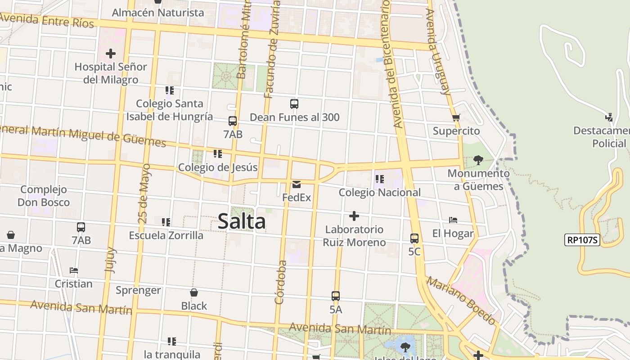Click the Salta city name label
242,221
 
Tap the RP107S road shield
582,240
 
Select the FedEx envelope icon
297,184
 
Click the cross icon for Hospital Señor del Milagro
110,54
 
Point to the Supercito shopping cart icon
456,118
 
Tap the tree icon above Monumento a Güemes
478,160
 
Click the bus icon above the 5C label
414,238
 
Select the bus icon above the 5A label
336,296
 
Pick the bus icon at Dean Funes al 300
294,104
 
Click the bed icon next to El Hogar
453,220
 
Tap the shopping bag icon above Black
194,292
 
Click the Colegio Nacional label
379,193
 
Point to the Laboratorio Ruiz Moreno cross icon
354,216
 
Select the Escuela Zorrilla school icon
166,222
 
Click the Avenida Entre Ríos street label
47,20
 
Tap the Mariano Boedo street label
461,300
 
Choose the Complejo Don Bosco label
44,196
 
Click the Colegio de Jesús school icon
218,154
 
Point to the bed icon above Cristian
74,270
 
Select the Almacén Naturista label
157,13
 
